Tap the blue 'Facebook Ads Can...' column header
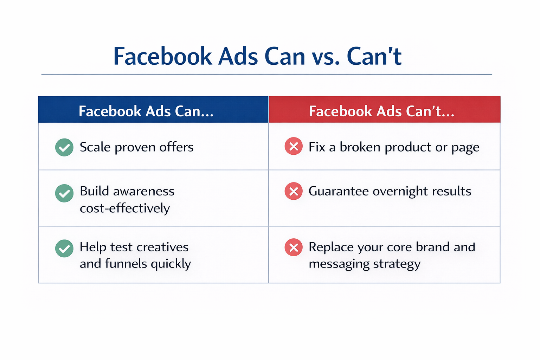146,111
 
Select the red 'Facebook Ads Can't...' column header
382,111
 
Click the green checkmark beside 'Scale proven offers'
64,147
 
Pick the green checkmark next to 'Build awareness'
64,193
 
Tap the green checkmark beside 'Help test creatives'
64,249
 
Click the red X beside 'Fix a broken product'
294,146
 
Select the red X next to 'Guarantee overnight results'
294,191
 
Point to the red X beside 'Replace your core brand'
294,247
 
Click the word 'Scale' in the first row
95,147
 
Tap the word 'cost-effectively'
125,208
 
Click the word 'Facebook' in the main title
162,57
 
